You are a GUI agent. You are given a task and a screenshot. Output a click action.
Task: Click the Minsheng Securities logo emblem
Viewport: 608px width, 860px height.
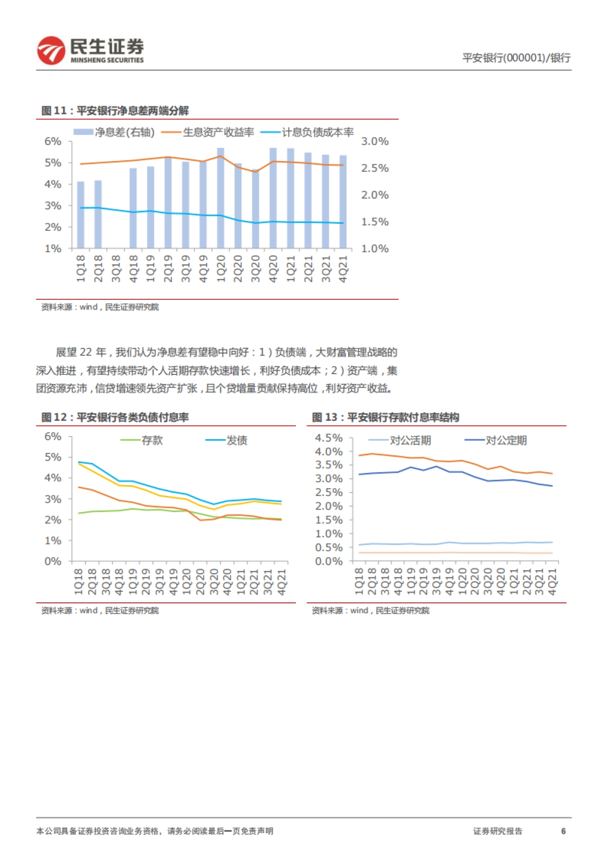(x=51, y=51)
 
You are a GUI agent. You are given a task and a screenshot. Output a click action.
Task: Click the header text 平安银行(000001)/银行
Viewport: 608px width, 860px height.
(x=516, y=58)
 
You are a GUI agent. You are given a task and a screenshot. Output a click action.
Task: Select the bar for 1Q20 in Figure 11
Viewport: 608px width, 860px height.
(x=220, y=198)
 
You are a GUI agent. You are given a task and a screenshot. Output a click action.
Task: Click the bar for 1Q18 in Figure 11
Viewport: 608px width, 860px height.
(x=81, y=215)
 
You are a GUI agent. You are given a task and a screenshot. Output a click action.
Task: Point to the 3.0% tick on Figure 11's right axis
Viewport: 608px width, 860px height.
(x=374, y=141)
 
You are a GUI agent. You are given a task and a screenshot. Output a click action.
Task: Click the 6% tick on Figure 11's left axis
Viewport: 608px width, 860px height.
(x=53, y=141)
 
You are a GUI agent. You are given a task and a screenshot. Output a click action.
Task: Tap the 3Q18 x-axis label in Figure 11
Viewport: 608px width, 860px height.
(x=116, y=268)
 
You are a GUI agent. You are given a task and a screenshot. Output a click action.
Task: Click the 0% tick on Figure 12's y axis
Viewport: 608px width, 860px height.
(x=53, y=561)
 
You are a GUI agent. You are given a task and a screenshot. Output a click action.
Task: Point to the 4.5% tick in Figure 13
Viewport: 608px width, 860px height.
(x=328, y=438)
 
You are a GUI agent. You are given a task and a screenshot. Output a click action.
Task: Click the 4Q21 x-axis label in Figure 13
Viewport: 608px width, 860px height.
(x=552, y=581)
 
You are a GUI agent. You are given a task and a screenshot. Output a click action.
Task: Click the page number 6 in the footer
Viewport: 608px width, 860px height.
(x=563, y=831)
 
